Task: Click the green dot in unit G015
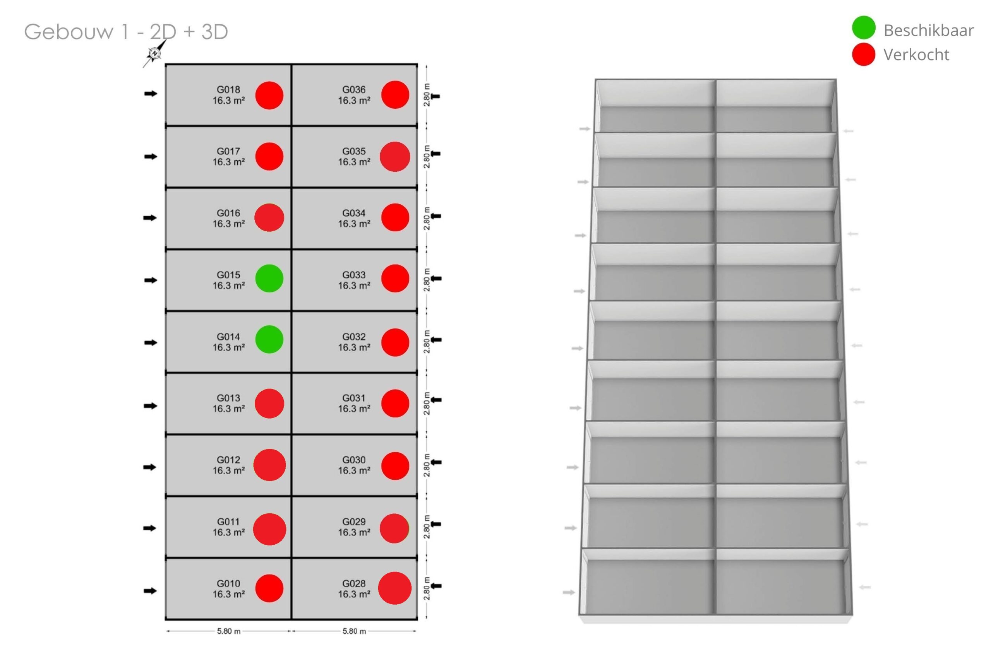(x=269, y=278)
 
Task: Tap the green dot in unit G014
(x=269, y=339)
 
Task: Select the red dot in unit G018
(x=269, y=96)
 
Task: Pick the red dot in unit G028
(x=394, y=588)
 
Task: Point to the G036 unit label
(x=354, y=90)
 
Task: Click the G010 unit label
(x=228, y=583)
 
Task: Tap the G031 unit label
(x=354, y=398)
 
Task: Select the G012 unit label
(x=228, y=460)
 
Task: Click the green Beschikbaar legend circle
(x=863, y=28)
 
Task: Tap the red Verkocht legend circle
(x=863, y=54)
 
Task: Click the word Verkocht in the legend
(x=916, y=55)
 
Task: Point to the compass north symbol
(x=154, y=53)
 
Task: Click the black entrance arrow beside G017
(x=150, y=157)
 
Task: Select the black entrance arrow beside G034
(x=435, y=216)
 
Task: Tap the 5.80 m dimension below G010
(x=229, y=631)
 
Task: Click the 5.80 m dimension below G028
(x=354, y=631)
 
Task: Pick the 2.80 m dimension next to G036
(x=427, y=95)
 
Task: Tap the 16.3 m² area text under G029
(x=354, y=532)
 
